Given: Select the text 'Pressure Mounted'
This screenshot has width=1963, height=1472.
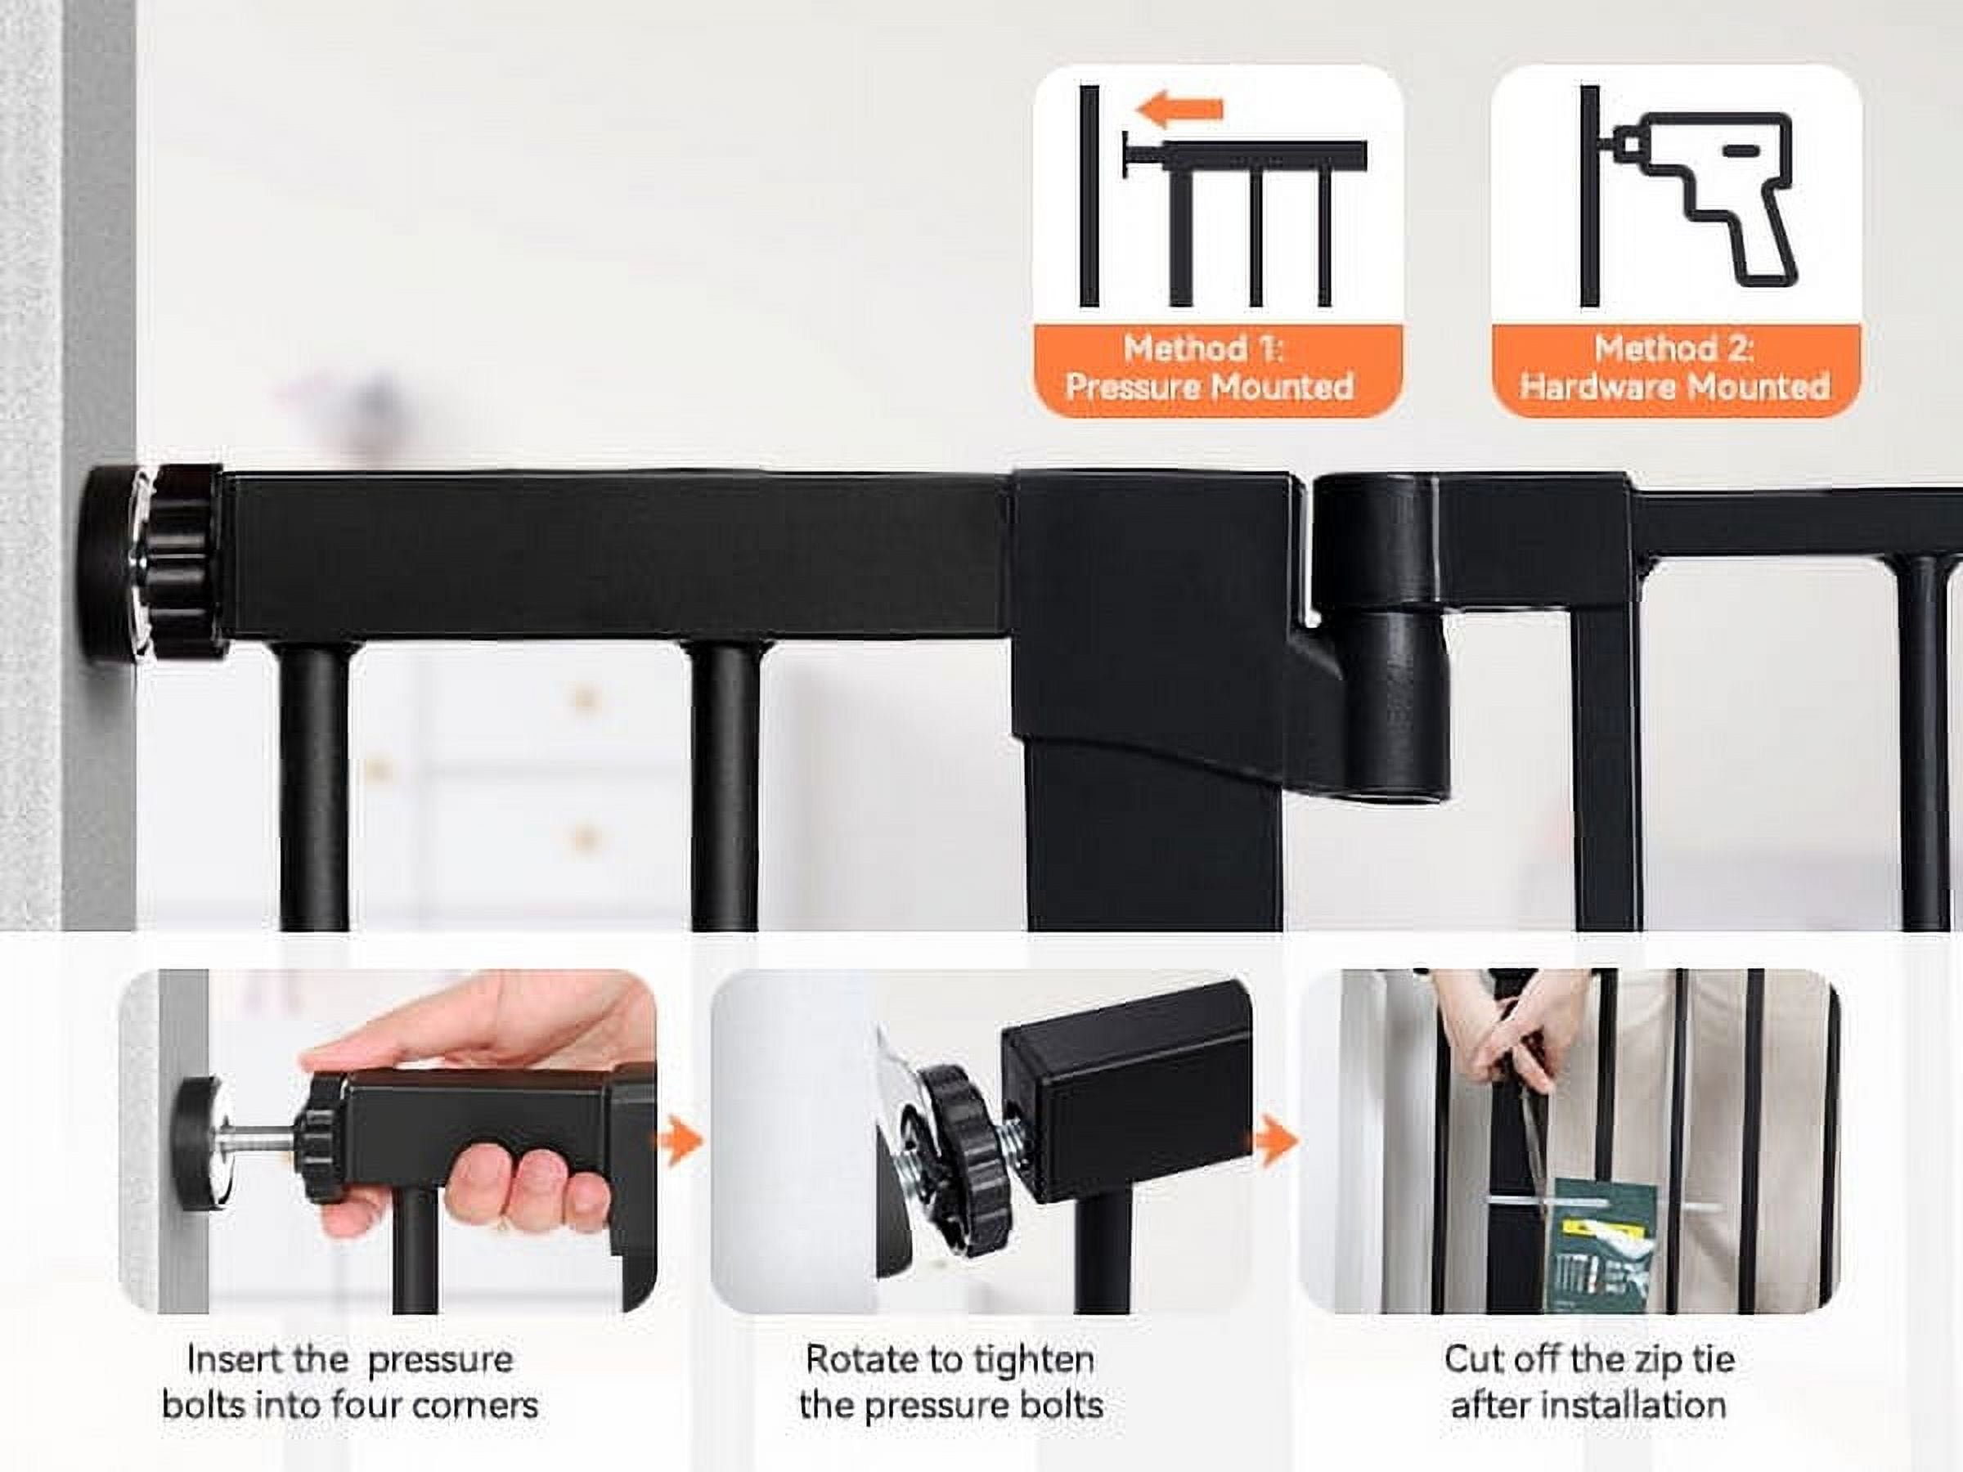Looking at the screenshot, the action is tap(1210, 386).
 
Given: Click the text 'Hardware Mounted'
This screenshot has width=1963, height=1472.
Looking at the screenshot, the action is tap(1674, 386).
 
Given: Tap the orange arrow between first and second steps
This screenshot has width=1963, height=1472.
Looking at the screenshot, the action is tap(681, 1141).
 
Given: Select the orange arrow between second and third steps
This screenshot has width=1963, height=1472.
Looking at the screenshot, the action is tap(1276, 1141).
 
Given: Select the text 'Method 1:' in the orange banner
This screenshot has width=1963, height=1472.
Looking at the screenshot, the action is tap(1203, 348).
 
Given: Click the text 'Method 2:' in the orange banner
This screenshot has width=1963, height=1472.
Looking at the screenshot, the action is tap(1673, 348).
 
